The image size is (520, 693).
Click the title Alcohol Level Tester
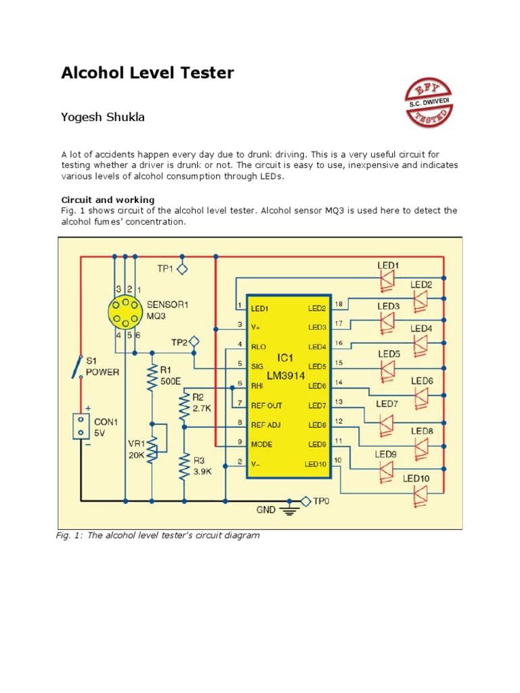(x=148, y=73)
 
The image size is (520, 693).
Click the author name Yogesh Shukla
(x=103, y=118)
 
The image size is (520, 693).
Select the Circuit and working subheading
(x=108, y=200)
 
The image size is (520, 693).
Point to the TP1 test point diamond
(x=181, y=269)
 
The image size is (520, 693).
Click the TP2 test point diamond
(x=194, y=341)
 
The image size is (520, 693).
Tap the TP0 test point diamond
(x=305, y=501)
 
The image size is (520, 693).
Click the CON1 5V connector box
(x=81, y=426)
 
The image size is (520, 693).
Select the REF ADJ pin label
(x=266, y=425)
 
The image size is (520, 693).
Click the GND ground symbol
(x=290, y=510)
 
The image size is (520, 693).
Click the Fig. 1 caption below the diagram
(x=157, y=535)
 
